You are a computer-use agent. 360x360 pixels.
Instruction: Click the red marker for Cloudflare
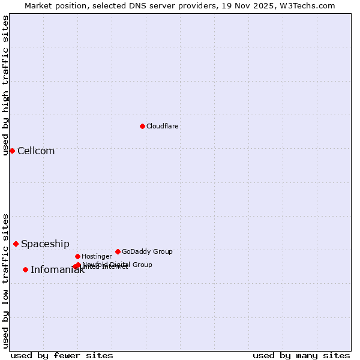pyautogui.click(x=142, y=126)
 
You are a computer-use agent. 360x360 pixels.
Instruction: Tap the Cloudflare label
pyautogui.click(x=162, y=127)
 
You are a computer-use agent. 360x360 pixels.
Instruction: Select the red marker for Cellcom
pyautogui.click(x=12, y=151)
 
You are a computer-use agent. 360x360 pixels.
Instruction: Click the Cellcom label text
pyautogui.click(x=36, y=151)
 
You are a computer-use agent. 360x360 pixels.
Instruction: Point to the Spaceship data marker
pyautogui.click(x=16, y=244)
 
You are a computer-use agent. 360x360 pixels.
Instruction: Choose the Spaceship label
pyautogui.click(x=45, y=244)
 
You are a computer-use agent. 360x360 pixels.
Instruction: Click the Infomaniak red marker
pyautogui.click(x=25, y=269)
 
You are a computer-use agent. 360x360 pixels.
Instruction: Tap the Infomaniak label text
pyautogui.click(x=58, y=270)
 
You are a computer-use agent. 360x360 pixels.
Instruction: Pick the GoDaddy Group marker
pyautogui.click(x=118, y=251)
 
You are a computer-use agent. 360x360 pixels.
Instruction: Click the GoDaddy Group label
pyautogui.click(x=147, y=252)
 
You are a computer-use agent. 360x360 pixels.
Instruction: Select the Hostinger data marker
pyautogui.click(x=77, y=256)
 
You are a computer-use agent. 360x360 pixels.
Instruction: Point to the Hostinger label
pyautogui.click(x=97, y=257)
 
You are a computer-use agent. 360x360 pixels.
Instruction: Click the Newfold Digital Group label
pyautogui.click(x=118, y=265)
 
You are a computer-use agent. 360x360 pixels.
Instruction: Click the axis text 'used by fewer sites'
pyautogui.click(x=62, y=355)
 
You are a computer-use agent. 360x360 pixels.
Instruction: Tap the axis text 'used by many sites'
pyautogui.click(x=301, y=355)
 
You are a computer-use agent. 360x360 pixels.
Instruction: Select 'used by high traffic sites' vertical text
pyautogui.click(x=5, y=85)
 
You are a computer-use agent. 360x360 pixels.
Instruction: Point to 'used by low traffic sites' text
pyautogui.click(x=5, y=280)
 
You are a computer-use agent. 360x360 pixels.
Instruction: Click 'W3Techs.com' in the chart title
pyautogui.click(x=309, y=5)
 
